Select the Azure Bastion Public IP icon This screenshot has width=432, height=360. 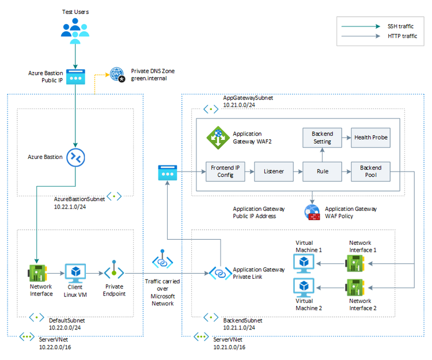pos(75,77)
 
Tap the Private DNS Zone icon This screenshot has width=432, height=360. pos(117,75)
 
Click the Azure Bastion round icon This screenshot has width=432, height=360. pos(75,157)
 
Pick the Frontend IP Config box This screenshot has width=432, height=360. pos(225,172)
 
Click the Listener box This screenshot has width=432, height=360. pos(274,172)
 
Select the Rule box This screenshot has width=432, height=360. pos(322,172)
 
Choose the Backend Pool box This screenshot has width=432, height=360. pos(370,172)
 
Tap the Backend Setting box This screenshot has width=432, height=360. pos(322,138)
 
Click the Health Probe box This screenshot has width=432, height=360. pos(370,138)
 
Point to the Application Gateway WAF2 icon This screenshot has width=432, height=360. pos(217,137)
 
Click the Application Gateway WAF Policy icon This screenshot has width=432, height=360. pos(312,212)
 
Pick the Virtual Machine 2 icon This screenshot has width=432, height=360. pos(304,286)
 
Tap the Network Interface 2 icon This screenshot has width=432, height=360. pos(354,287)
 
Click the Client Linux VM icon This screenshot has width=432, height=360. pos(75,272)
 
